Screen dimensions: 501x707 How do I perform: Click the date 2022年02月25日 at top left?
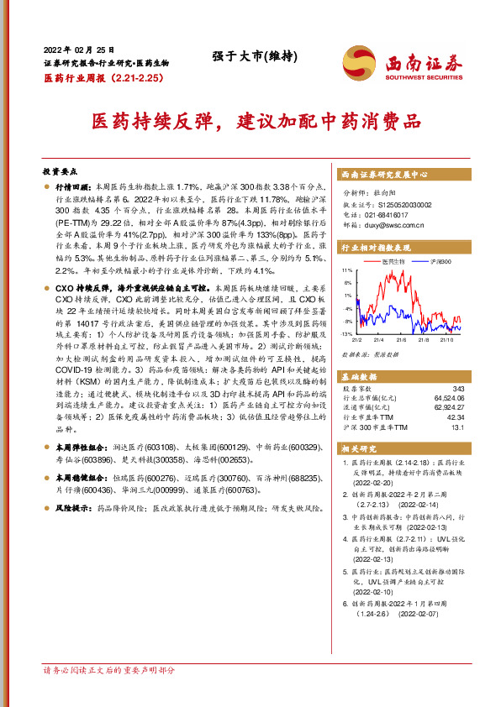[76, 49]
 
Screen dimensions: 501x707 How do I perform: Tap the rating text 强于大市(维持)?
[250, 57]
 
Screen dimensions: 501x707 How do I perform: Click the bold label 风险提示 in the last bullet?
[71, 508]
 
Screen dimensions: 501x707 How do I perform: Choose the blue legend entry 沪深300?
[439, 262]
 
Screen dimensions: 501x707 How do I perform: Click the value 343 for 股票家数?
[457, 388]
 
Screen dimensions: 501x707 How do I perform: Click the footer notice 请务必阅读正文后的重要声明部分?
[108, 670]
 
